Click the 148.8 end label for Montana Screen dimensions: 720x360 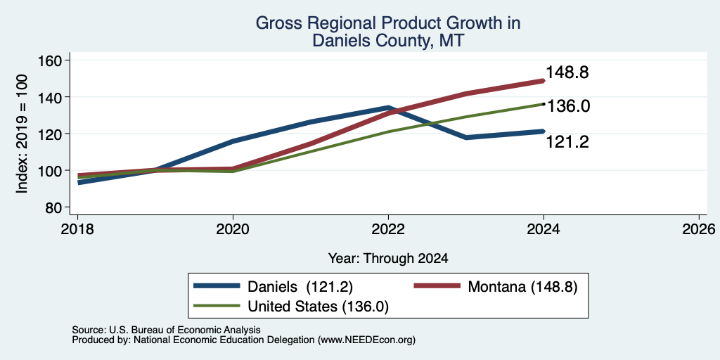point(567,72)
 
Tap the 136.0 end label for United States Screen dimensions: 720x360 point(568,106)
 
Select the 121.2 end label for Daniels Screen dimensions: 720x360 point(567,142)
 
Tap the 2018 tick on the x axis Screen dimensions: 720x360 point(77,229)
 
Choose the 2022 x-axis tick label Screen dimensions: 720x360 point(388,229)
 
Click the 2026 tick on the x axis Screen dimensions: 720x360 point(699,229)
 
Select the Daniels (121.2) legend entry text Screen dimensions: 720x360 point(300,287)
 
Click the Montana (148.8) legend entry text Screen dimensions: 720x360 point(522,287)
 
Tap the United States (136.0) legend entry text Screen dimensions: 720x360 point(319,307)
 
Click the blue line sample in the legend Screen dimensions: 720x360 point(217,286)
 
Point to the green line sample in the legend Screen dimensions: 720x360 point(217,306)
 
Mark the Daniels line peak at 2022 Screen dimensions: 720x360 point(388,108)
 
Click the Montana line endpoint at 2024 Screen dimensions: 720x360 point(544,81)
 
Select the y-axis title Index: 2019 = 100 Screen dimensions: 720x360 point(22,134)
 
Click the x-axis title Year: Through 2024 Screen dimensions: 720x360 point(388,259)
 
